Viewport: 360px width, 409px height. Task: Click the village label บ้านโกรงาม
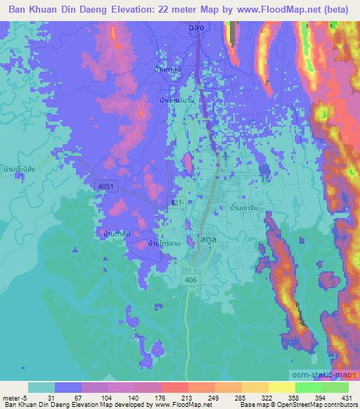pyautogui.click(x=162, y=243)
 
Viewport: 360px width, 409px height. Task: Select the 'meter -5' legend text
pyautogui.click(x=12, y=397)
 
